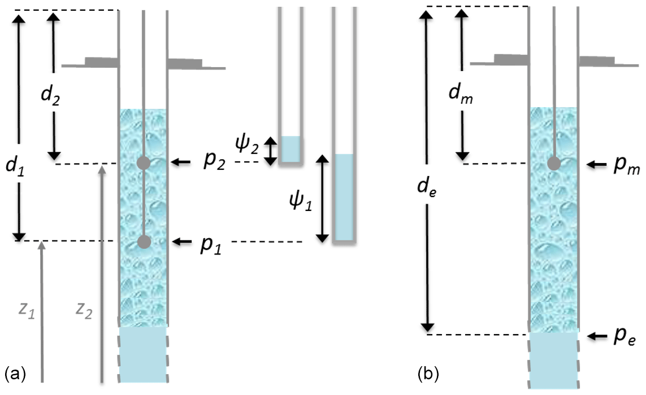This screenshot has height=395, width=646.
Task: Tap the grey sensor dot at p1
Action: [x=145, y=242]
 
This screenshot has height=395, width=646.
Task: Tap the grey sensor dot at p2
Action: [x=145, y=163]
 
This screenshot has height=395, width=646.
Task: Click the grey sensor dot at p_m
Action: [x=554, y=164]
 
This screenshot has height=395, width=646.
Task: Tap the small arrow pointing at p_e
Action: [x=596, y=336]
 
